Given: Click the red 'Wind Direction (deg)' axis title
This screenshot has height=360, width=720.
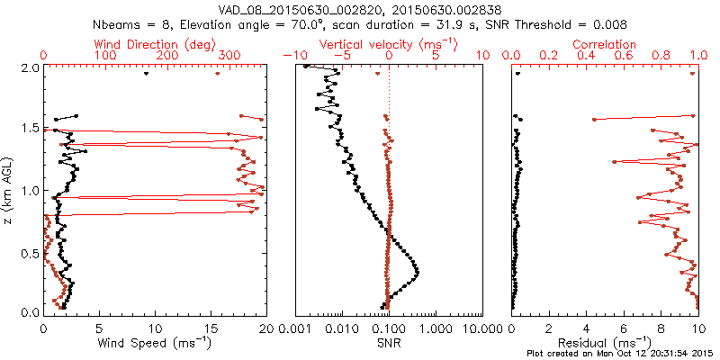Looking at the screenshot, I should click(x=156, y=43).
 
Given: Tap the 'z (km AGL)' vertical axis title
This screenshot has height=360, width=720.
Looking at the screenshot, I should click(x=11, y=189).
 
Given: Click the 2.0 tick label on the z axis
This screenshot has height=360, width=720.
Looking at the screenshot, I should click(x=30, y=67).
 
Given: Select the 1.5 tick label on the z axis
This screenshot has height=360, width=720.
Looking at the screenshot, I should click(x=30, y=129).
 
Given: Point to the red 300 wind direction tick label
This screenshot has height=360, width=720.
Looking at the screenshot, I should click(x=229, y=56).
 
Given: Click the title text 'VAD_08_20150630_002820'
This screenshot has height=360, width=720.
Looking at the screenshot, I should click(x=291, y=8).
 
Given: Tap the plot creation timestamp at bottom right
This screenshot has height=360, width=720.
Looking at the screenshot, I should click(x=622, y=354).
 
